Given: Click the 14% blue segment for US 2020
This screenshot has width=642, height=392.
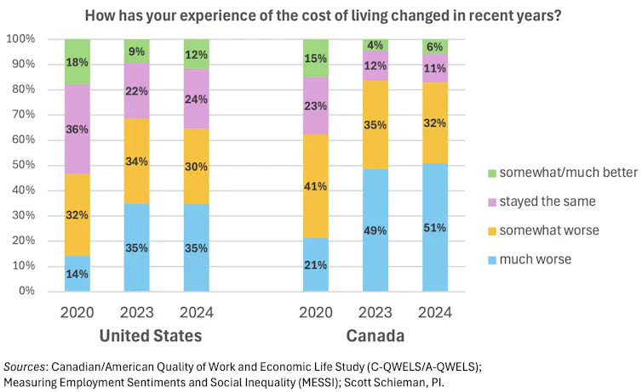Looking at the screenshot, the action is click(77, 273).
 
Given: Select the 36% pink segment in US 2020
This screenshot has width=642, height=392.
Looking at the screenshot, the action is click(77, 129).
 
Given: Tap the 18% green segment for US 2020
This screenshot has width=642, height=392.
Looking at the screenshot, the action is click(77, 62).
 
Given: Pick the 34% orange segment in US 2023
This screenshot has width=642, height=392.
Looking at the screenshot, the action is click(137, 161).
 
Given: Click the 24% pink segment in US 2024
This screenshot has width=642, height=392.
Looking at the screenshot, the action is click(197, 99).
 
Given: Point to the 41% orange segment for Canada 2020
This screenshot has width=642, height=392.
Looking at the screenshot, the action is click(316, 186).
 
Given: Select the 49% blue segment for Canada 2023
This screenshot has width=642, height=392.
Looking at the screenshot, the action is click(375, 230).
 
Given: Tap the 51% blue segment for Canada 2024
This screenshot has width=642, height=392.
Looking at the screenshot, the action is click(435, 227).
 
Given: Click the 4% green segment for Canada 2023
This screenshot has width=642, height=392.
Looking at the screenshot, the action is click(375, 45).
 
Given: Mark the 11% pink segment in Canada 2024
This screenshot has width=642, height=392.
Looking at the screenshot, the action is click(435, 68).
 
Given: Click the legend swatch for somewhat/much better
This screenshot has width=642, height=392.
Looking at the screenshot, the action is click(492, 173).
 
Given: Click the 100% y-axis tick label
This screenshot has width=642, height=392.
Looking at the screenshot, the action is click(20, 39).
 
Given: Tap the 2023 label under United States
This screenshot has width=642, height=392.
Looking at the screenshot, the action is click(137, 313).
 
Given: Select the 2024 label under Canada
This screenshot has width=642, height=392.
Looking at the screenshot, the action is click(435, 313).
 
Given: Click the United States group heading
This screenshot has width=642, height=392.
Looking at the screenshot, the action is click(151, 336).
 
